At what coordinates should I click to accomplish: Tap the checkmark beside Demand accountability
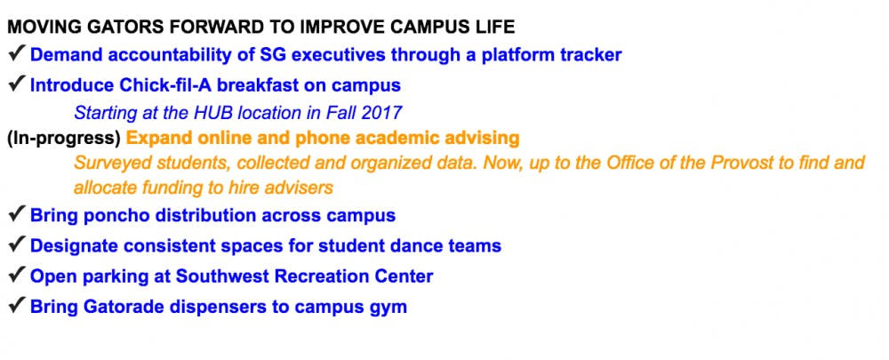16,53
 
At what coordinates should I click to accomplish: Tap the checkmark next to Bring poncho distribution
16,214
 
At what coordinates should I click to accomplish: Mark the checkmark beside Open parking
16,275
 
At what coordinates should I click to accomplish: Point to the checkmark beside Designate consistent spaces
16,244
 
